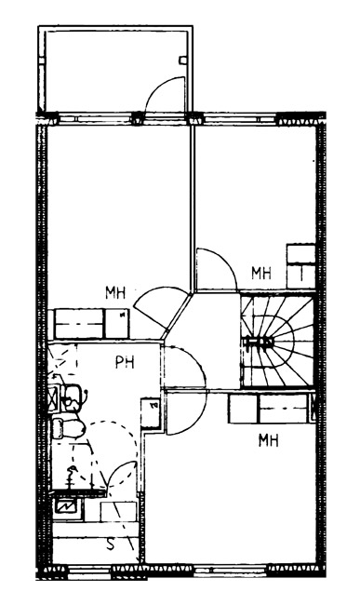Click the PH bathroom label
click(125, 362)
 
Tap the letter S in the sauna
click(111, 544)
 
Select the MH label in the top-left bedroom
click(115, 293)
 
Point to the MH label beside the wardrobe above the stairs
click(261, 273)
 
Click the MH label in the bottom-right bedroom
click(268, 440)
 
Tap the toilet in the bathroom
click(68, 428)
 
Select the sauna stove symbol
click(67, 505)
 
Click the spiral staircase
click(277, 341)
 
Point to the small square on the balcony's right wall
click(182, 60)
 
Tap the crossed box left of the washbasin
click(54, 397)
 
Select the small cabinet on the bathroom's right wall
click(151, 412)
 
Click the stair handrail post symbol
click(258, 342)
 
